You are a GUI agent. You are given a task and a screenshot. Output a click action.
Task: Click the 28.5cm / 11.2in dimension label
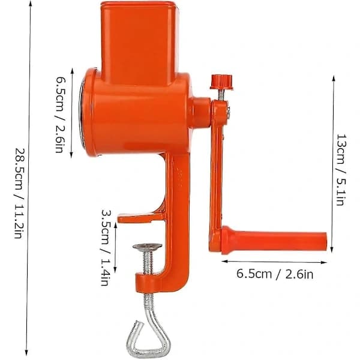pyautogui.click(x=19, y=193)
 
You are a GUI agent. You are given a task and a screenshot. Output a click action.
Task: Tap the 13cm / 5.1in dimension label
pyautogui.click(x=341, y=170)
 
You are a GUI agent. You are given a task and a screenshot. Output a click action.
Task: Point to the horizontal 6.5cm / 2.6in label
pyautogui.click(x=275, y=274)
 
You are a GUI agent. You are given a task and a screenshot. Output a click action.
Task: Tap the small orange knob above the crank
pyautogui.click(x=221, y=82)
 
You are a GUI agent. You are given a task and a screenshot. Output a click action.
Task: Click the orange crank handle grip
pyautogui.click(x=274, y=241)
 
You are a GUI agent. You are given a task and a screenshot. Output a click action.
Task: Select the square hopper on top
pyautogui.click(x=140, y=44)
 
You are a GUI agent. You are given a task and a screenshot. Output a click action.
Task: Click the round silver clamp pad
pyautogui.click(x=148, y=247)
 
